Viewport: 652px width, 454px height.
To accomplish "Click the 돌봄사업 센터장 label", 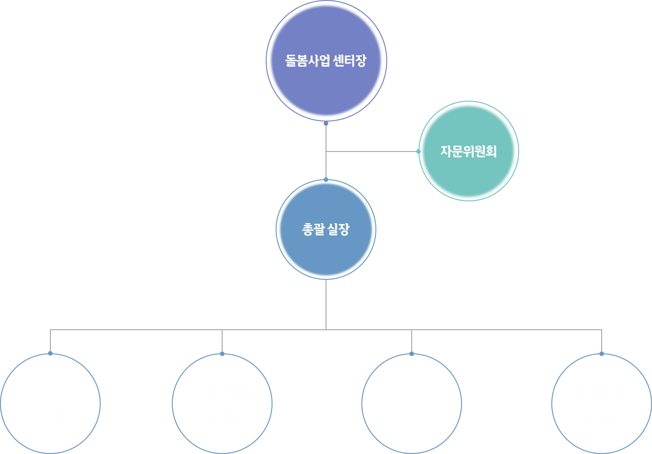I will tap(326, 61).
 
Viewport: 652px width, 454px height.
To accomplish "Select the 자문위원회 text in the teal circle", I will tap(468, 151).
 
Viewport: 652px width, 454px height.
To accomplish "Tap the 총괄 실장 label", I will tap(326, 229).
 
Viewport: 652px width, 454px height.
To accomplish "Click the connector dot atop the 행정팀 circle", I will tap(50, 353).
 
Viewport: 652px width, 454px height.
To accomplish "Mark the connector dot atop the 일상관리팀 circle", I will tap(602, 354).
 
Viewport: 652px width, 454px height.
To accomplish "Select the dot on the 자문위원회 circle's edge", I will tap(418, 151).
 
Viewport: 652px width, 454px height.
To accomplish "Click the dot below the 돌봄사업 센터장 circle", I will tap(326, 123).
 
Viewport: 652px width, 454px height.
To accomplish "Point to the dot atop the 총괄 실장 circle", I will tap(326, 180).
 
